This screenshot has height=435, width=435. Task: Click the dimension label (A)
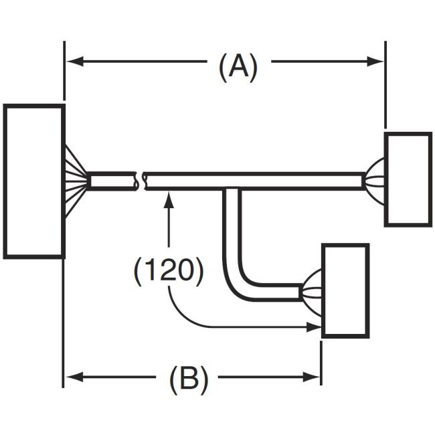[238, 68]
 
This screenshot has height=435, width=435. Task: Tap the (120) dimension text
[168, 270]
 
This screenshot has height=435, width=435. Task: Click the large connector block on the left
[34, 181]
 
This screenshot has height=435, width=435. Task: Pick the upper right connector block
[408, 179]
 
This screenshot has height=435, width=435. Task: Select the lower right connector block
[345, 290]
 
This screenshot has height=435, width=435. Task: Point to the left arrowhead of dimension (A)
[73, 62]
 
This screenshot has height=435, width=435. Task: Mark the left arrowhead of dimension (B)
[73, 377]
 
